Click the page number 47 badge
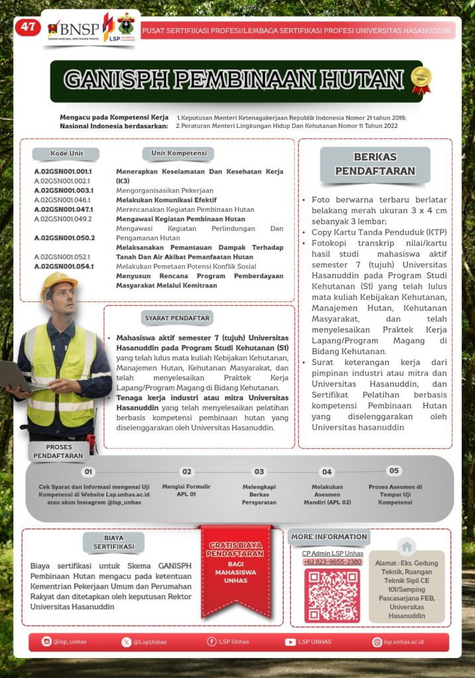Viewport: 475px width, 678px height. (x=27, y=27)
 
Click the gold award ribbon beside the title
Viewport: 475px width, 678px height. (x=421, y=79)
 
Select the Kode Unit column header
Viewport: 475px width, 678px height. (x=66, y=154)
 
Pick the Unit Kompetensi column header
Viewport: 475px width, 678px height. (x=178, y=154)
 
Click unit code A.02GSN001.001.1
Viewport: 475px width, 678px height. (x=63, y=171)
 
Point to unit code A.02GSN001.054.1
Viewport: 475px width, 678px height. (x=64, y=266)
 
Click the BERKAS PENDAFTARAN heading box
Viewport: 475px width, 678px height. (x=375, y=164)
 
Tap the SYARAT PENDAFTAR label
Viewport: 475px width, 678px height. (x=177, y=318)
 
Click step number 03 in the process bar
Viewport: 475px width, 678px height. (x=259, y=472)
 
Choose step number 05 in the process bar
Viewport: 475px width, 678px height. (x=394, y=471)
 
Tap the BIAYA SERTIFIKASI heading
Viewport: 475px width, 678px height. (x=114, y=542)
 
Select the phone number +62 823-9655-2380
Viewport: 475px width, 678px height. (x=333, y=561)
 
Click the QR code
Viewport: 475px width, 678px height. (x=332, y=595)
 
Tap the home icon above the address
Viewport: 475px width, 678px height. (x=407, y=546)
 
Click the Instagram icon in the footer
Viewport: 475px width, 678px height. (x=46, y=642)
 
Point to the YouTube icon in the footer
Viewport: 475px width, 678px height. (x=290, y=642)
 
